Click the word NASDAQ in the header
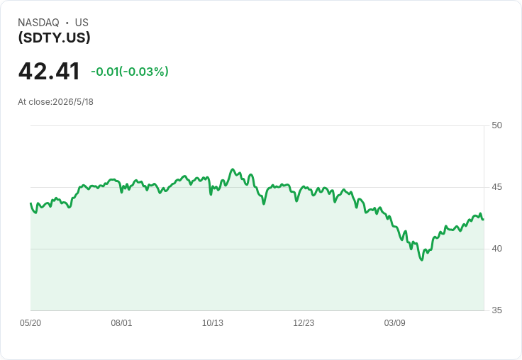coord(38,23)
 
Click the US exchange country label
coord(82,23)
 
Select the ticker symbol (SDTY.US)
coord(55,38)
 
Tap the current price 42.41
coord(49,72)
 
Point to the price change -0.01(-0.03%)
coord(130,72)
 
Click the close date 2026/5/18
coord(73,102)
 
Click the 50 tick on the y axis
coord(496,125)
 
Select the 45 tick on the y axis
coord(496,187)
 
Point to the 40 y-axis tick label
coord(496,249)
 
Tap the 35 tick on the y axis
coord(496,310)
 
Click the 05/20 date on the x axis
coord(30,323)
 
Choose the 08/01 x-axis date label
coord(121,323)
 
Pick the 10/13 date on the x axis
coord(212,323)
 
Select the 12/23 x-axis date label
coord(304,323)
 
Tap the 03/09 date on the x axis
coord(394,323)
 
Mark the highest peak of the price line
coord(233,169)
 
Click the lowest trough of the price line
coord(422,260)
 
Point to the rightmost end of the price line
coord(483,219)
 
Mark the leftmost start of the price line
coord(30,203)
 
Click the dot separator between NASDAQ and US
coord(67,23)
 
